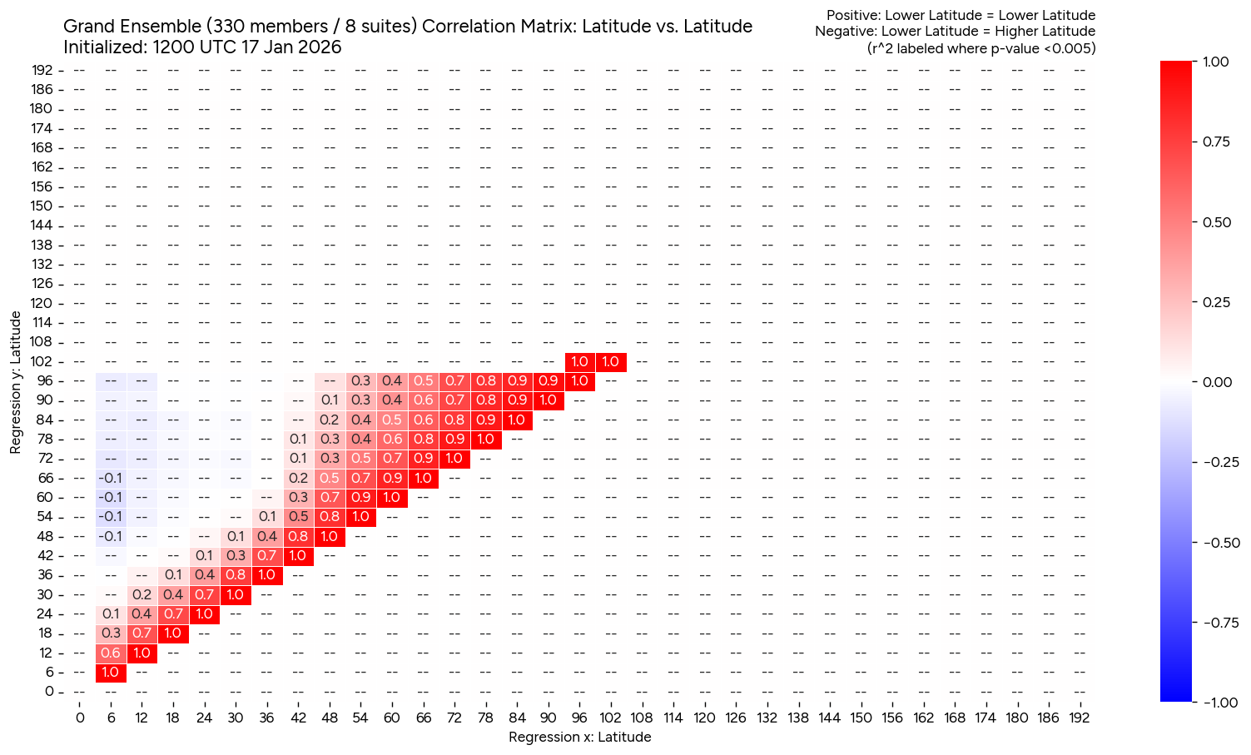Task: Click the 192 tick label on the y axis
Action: point(42,70)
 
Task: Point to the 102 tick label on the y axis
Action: point(42,361)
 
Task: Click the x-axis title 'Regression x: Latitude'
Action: point(579,737)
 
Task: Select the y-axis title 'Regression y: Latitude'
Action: point(15,383)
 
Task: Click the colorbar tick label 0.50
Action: point(1218,222)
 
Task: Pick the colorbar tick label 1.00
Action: point(1218,62)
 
